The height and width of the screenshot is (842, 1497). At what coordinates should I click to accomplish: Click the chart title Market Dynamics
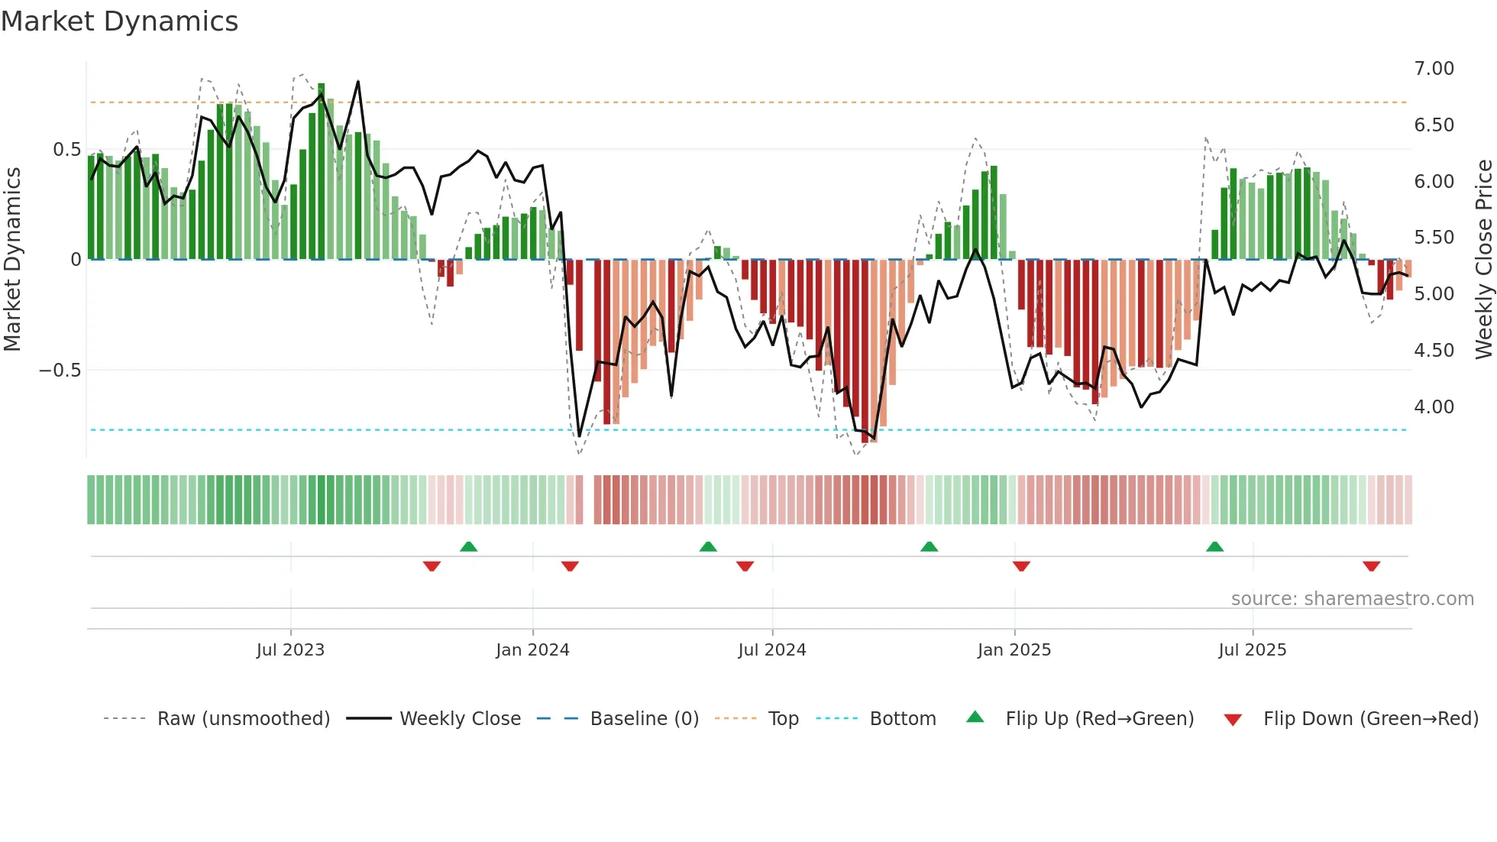[x=120, y=21]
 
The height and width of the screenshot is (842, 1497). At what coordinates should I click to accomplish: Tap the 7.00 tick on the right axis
[x=1434, y=69]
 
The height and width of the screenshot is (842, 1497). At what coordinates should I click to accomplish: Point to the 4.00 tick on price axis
[x=1434, y=407]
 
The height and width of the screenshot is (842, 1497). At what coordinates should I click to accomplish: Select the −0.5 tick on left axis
[x=60, y=371]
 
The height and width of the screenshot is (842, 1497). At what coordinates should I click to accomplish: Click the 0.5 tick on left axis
[x=66, y=150]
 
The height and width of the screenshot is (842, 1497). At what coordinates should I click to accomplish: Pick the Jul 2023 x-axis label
[x=290, y=650]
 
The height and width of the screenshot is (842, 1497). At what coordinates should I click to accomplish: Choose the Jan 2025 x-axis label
[x=1014, y=650]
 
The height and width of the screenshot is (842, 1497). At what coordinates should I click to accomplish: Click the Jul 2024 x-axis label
[x=771, y=650]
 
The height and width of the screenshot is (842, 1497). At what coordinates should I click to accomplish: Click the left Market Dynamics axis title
[x=12, y=260]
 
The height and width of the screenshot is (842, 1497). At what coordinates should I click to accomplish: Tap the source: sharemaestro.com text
[x=1352, y=599]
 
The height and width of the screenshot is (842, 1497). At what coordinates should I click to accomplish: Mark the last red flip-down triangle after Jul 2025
[x=1371, y=566]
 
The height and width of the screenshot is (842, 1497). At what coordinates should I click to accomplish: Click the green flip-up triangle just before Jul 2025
[x=1214, y=546]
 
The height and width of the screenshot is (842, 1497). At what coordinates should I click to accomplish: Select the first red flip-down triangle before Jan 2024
[x=432, y=566]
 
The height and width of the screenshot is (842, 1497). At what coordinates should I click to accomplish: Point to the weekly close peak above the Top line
[x=357, y=82]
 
